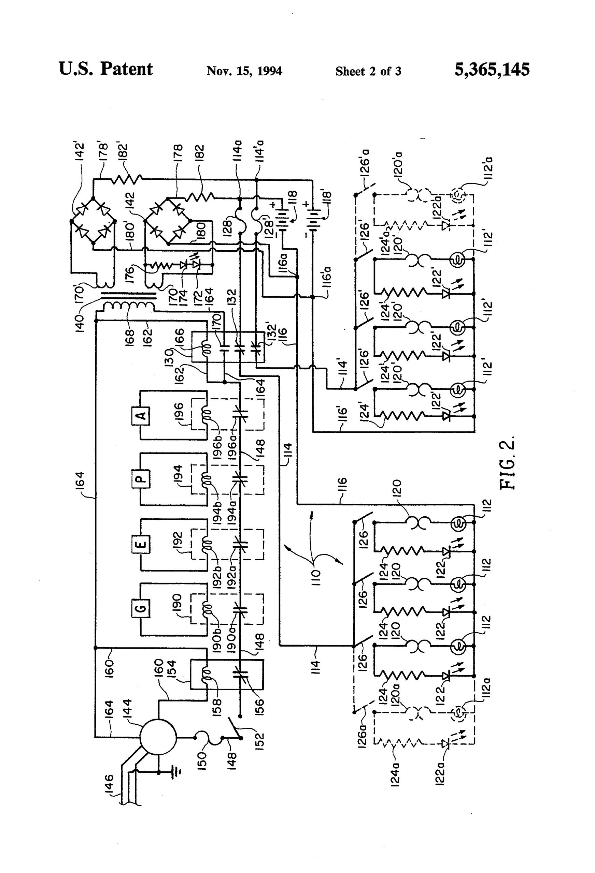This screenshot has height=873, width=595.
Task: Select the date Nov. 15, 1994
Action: [244, 71]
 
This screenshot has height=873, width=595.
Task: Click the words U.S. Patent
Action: [106, 70]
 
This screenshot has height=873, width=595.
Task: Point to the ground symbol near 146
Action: [175, 772]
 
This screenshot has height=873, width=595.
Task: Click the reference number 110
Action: [315, 574]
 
